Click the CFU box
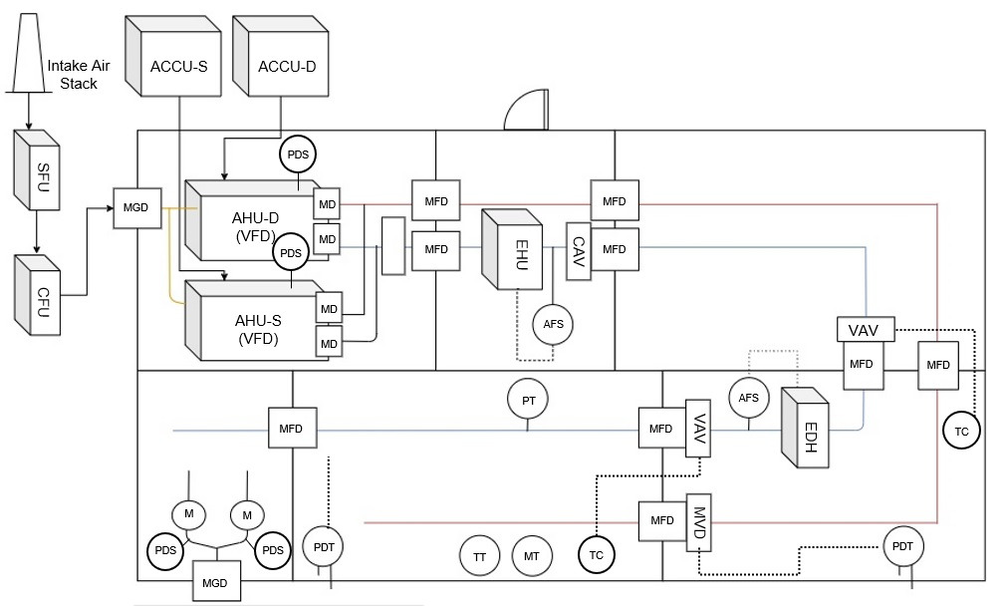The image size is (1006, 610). [37, 294]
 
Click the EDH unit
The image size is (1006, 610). [807, 429]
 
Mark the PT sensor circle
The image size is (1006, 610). [528, 399]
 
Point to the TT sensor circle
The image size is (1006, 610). [480, 555]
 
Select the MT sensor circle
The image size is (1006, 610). [532, 555]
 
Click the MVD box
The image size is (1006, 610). [698, 520]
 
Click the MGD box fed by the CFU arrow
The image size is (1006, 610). [134, 207]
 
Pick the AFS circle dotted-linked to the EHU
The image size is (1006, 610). [553, 323]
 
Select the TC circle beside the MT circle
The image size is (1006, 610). [596, 555]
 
